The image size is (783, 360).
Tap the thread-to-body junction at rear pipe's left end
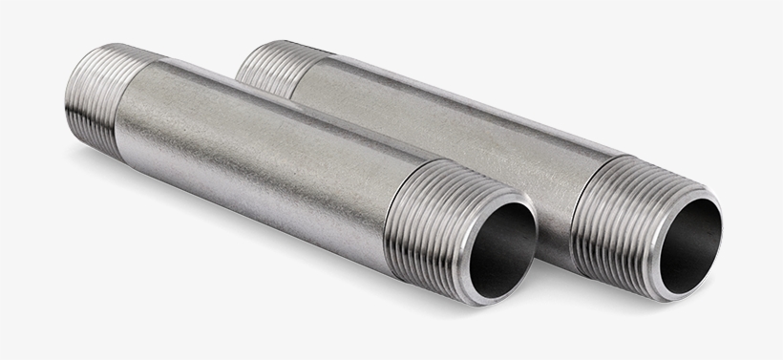point(286,76)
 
